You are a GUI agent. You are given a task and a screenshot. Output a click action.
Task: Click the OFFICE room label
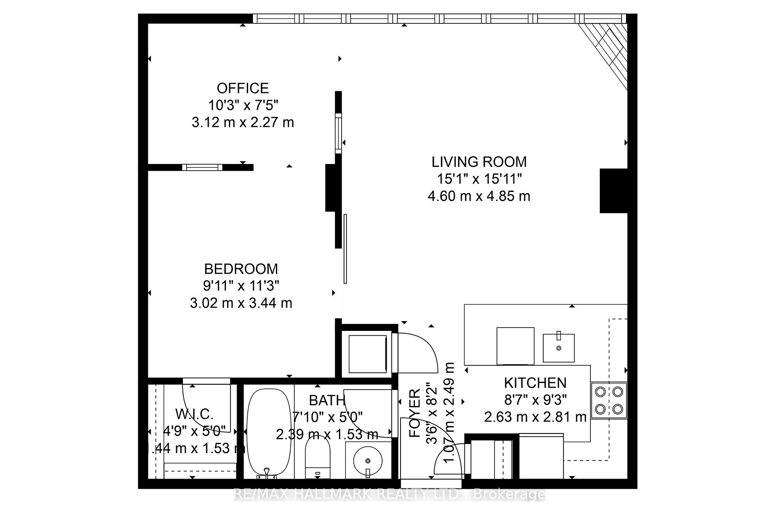pos(243,88)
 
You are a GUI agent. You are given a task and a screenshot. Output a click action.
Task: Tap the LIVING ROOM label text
pos(479,162)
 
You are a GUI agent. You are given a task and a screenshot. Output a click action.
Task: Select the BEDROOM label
pos(241,269)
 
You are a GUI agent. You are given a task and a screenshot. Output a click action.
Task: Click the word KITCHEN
pos(535,383)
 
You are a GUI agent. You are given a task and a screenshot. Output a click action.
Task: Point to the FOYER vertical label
pos(415,413)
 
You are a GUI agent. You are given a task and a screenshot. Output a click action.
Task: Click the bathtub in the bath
pos(266,433)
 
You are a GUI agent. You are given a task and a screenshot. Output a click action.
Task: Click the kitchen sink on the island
pos(558,348)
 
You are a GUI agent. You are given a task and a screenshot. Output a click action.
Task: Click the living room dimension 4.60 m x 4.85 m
pos(479,196)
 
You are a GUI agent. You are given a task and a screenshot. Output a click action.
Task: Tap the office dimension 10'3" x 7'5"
pos(243,105)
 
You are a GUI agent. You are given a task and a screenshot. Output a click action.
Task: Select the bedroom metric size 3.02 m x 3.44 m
pos(241,303)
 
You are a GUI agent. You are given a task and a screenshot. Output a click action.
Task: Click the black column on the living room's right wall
pos(614,191)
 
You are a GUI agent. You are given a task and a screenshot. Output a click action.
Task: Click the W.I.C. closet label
pos(194,414)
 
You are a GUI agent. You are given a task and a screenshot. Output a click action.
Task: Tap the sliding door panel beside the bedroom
pos(345,248)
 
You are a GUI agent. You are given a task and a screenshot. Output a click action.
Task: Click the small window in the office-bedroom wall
pos(202,167)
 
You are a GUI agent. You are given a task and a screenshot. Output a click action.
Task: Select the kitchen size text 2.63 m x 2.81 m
pos(535,417)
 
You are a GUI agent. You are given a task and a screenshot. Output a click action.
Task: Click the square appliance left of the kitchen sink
pos(515,346)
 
